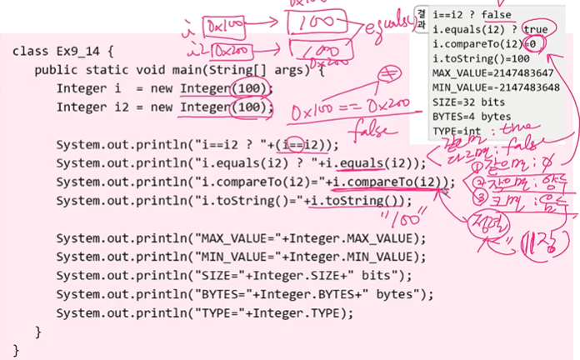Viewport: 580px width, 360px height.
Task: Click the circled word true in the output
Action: pos(532,30)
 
